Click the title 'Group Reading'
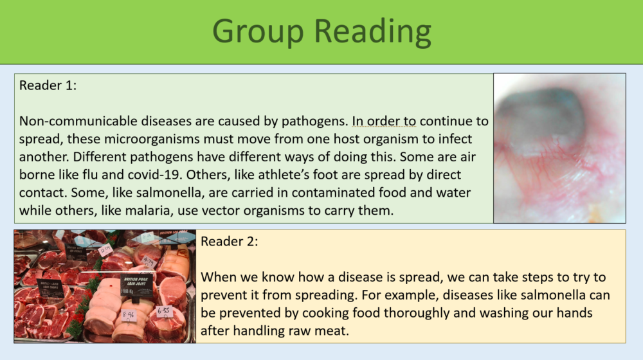pyautogui.click(x=321, y=32)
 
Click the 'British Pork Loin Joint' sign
pyautogui.click(x=136, y=283)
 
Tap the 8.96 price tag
pyautogui.click(x=128, y=315)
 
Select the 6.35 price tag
pyautogui.click(x=164, y=311)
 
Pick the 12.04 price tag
pyautogui.click(x=105, y=249)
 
